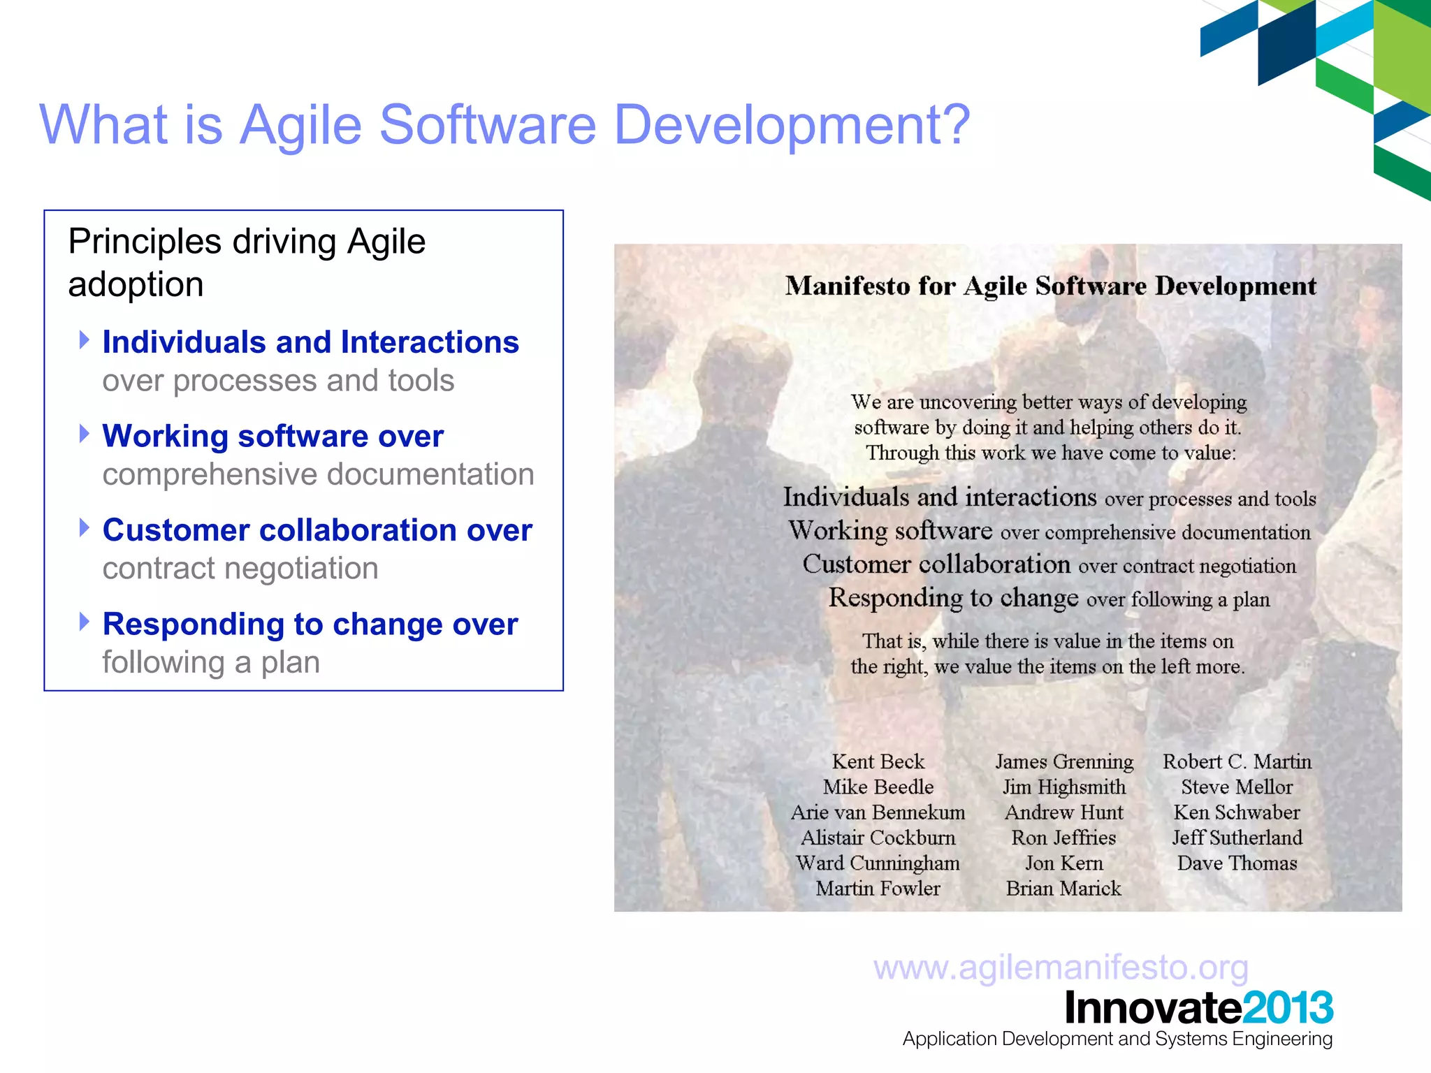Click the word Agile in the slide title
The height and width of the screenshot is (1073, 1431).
(x=301, y=126)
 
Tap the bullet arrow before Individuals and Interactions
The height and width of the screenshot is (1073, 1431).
(x=85, y=340)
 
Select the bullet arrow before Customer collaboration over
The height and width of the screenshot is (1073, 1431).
(x=85, y=527)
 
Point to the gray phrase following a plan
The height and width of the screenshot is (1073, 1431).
(x=211, y=662)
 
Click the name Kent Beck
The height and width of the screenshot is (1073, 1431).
(x=878, y=761)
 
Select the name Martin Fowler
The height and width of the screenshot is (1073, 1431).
(x=878, y=889)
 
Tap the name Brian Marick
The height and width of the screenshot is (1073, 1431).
(x=1063, y=889)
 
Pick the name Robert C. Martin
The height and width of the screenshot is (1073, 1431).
(x=1237, y=761)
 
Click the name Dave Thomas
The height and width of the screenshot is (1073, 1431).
(x=1237, y=863)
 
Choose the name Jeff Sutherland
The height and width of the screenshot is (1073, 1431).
(x=1237, y=838)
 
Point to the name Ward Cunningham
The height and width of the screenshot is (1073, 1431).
(x=878, y=863)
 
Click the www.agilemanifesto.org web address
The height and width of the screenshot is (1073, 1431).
(x=1061, y=968)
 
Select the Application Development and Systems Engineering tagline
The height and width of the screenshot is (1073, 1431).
(x=1117, y=1039)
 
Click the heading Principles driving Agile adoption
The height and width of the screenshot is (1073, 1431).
(x=247, y=263)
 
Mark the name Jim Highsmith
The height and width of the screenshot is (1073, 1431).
(x=1063, y=787)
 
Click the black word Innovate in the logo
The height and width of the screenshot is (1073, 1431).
(x=1153, y=1008)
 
